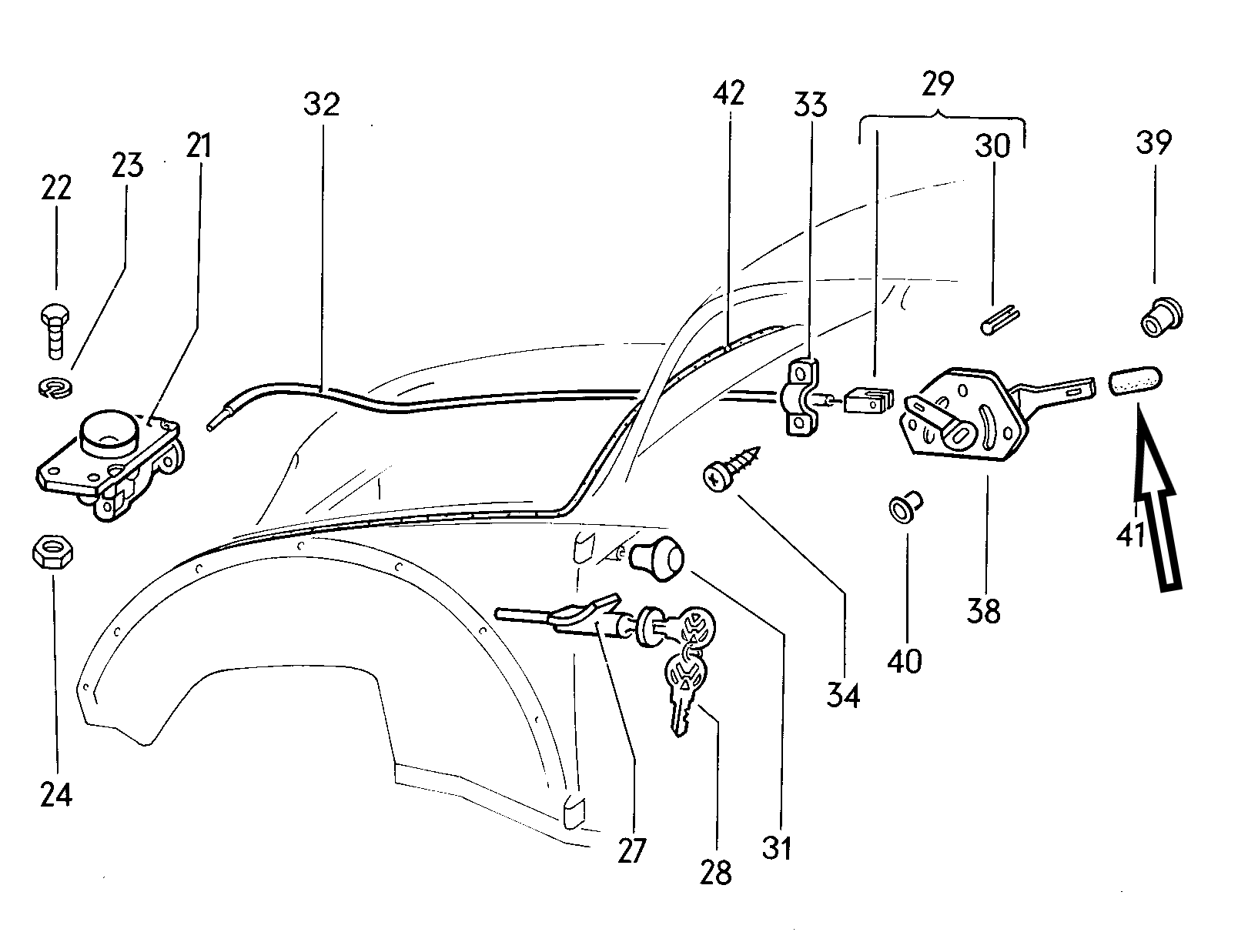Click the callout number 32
click(322, 105)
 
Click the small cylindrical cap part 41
click(1136, 382)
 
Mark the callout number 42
click(729, 94)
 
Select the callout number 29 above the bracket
click(938, 85)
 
